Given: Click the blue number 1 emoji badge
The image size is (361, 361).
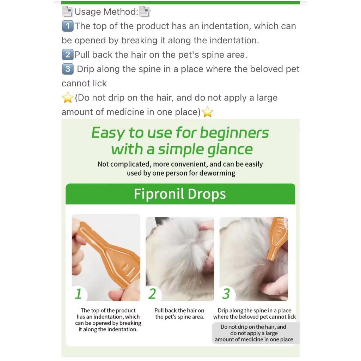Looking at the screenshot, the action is tap(68, 26).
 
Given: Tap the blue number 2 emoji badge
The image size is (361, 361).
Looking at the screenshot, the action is tap(68, 55).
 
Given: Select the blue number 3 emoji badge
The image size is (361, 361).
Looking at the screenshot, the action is tap(68, 69).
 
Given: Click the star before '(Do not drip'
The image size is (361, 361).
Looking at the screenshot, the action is tap(68, 98).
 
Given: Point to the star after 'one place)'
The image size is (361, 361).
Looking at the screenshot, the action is tap(207, 112).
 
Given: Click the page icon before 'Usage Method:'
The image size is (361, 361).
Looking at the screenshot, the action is tap(68, 12).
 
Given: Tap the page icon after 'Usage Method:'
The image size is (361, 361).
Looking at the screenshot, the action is tap(145, 12).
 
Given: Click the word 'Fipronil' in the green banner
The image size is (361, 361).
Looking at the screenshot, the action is tap(159, 194).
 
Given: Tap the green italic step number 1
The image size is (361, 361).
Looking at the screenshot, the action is tap(78, 294).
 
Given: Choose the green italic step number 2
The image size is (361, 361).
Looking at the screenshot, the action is tap(152, 294).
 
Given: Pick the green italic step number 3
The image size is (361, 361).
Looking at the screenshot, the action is tap(226, 294).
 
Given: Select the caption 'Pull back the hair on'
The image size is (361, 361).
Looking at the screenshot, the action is tap(179, 310).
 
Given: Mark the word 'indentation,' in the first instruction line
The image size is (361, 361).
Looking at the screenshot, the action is tap(226, 26).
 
